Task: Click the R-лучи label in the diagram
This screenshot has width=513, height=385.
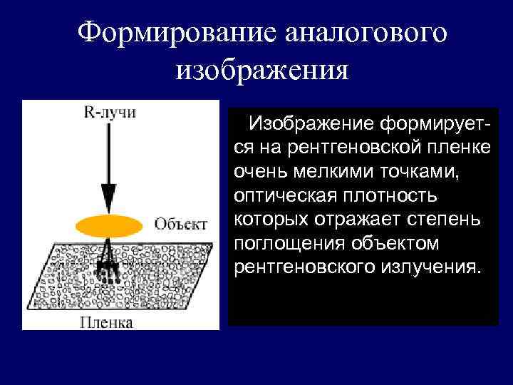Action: (109, 112)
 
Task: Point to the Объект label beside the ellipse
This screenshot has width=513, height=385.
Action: (181, 224)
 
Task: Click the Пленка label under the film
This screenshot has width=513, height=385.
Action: (106, 323)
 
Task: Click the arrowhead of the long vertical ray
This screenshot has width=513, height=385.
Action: (108, 196)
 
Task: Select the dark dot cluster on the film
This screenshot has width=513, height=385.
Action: (108, 270)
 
